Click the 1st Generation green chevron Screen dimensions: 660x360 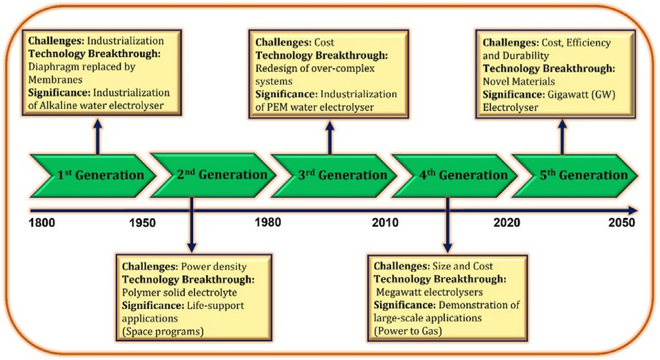tap(93, 176)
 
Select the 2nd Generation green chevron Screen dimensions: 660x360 tap(213, 176)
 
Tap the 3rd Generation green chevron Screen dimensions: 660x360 tap(334, 176)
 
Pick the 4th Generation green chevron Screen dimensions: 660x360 tap(454, 176)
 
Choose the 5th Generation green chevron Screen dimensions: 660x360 tap(575, 176)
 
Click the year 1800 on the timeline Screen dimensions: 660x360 tap(41, 222)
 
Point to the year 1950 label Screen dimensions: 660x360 tap(142, 222)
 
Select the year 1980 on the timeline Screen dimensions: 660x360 tap(268, 222)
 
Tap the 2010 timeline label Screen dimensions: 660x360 tap(385, 222)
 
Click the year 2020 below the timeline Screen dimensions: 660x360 tap(507, 222)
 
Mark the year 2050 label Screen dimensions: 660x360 tap(621, 222)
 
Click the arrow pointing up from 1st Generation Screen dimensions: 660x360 tap(98, 137)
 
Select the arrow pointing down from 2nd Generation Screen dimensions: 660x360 tap(192, 225)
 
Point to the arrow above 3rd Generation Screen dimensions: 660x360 tap(330, 138)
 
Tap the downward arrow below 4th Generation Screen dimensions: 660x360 tap(448, 225)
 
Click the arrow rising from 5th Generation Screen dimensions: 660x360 tap(562, 137)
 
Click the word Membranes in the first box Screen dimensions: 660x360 tap(56, 79)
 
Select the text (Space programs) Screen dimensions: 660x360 tap(163, 331)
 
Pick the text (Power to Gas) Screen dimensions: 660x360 tap(408, 331)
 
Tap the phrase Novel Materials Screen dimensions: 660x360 tap(519, 81)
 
